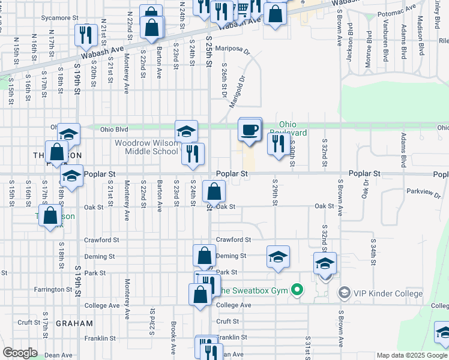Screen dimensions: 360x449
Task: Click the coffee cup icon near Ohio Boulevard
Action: [250, 129]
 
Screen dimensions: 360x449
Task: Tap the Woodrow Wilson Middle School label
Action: [147, 147]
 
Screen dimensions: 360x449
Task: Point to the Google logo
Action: [20, 353]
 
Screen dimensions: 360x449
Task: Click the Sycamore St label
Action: [60, 19]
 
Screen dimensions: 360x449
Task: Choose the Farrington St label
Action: [53, 289]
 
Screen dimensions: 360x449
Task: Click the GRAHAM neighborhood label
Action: [74, 323]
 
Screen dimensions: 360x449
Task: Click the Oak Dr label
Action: [364, 188]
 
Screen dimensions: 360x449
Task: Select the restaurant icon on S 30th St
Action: [277, 144]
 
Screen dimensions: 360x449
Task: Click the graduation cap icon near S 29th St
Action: [278, 257]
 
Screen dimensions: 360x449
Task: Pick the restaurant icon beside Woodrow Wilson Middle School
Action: [193, 154]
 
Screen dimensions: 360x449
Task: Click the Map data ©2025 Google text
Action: [411, 355]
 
